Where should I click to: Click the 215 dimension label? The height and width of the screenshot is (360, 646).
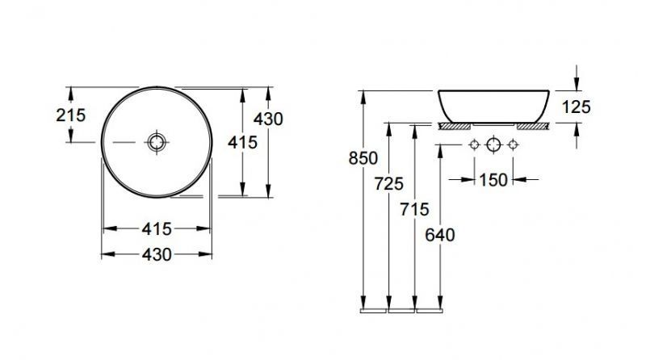pyautogui.click(x=71, y=115)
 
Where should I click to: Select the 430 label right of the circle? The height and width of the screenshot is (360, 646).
pyautogui.click(x=268, y=119)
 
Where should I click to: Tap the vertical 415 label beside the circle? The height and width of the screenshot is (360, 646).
pyautogui.click(x=242, y=143)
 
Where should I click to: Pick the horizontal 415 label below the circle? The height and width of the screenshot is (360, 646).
pyautogui.click(x=157, y=229)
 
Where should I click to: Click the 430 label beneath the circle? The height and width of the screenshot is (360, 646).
pyautogui.click(x=157, y=254)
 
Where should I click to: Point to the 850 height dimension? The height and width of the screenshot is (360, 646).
pyautogui.click(x=363, y=158)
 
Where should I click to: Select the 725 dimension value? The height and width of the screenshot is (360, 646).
pyautogui.click(x=389, y=184)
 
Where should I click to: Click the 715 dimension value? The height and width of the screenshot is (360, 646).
pyautogui.click(x=414, y=209)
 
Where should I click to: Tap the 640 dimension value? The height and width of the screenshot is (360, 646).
pyautogui.click(x=440, y=235)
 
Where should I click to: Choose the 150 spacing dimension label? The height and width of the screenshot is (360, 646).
pyautogui.click(x=493, y=180)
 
